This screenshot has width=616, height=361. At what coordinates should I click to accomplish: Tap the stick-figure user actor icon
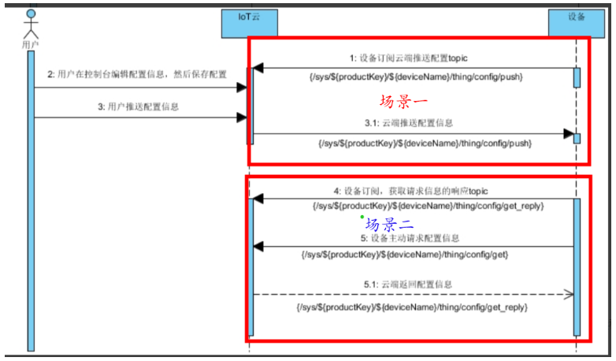[31, 24]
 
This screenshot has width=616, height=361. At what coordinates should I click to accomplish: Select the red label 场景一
[403, 102]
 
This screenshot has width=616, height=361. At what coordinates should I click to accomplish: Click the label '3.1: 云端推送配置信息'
[408, 123]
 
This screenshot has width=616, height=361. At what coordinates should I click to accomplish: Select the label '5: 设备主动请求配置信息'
[410, 237]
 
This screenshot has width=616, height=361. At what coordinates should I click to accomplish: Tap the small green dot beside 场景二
[362, 217]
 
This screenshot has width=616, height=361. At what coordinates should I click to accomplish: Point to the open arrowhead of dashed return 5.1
[566, 294]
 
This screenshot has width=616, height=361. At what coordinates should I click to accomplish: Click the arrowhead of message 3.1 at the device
[568, 134]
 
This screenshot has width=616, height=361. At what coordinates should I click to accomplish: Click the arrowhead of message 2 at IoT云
[242, 87]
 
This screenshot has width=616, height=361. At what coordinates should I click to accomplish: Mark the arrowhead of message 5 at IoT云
[258, 247]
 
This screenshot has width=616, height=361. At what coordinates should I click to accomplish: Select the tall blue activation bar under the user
[32, 197]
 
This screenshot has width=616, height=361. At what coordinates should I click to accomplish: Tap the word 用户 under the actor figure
[31, 46]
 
